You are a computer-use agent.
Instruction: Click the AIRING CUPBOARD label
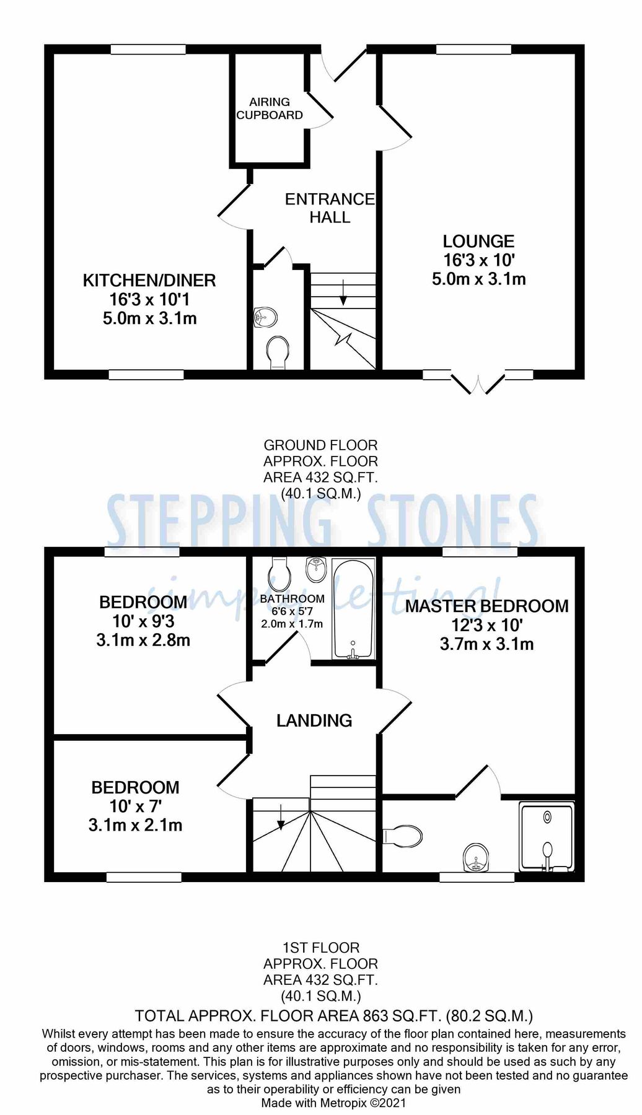pos(270,108)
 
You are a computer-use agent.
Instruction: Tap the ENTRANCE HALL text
pos(330,208)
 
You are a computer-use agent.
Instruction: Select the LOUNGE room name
pos(478,241)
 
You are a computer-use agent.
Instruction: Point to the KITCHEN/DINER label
pos(149,280)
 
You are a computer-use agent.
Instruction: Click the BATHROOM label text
pos(292,599)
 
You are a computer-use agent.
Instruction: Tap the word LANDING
pos(314,720)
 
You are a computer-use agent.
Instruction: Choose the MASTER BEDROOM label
pos(486,606)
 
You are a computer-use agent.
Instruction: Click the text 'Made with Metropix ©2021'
pos(333,1103)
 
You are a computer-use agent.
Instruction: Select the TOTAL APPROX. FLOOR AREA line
pos(333,1016)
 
